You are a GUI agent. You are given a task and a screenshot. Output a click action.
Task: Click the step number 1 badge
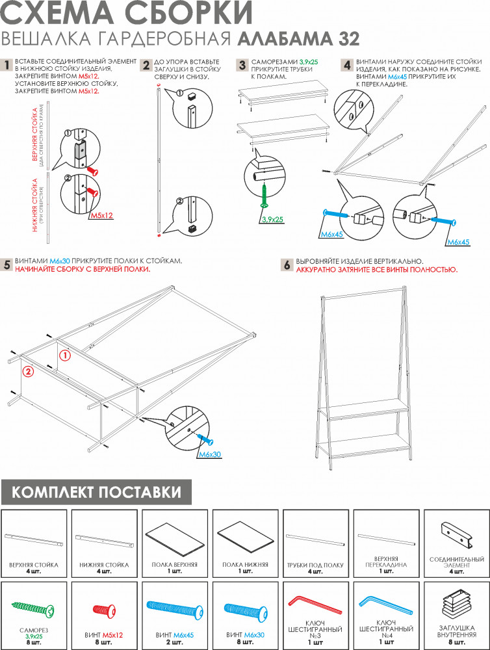click(x=7, y=65)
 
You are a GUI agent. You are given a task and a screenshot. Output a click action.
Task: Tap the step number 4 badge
click(x=347, y=65)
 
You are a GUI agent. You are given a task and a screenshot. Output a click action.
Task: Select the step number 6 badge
click(x=287, y=265)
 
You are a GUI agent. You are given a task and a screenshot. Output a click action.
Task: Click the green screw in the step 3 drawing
click(x=264, y=196)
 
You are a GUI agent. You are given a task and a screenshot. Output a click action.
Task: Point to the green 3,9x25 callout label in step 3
click(x=272, y=220)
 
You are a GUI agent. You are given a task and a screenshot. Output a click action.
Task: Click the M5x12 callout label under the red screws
click(x=101, y=216)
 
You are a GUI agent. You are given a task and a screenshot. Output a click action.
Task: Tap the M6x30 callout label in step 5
click(x=210, y=454)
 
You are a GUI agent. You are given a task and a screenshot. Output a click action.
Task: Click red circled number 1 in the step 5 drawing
click(x=65, y=356)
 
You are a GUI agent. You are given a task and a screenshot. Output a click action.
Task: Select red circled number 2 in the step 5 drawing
click(x=27, y=371)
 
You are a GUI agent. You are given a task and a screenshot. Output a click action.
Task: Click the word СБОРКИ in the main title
click(x=190, y=12)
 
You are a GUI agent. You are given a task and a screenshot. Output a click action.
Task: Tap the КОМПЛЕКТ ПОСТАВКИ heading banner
click(x=96, y=492)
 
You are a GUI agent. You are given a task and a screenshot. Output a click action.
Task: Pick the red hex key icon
click(x=315, y=605)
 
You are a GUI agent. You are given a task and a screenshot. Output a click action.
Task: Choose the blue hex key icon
click(x=386, y=605)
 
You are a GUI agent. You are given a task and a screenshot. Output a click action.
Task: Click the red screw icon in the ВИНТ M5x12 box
click(x=103, y=610)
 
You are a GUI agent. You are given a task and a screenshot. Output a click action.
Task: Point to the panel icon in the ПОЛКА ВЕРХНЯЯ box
click(x=175, y=538)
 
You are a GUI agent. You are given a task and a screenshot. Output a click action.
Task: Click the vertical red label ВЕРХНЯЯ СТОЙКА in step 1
click(x=35, y=135)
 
